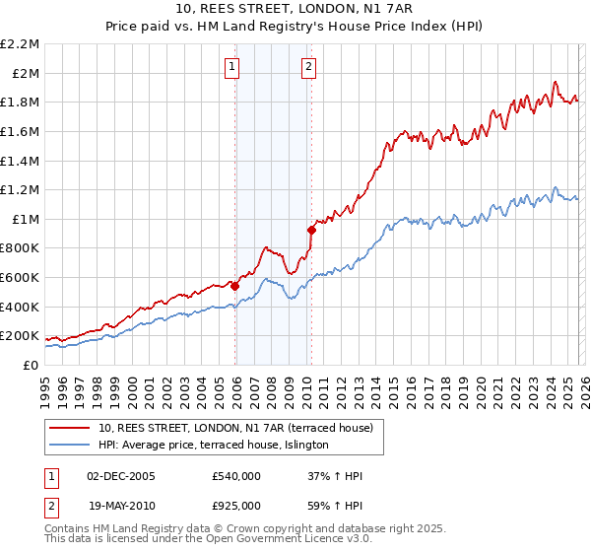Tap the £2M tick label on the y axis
(25, 73)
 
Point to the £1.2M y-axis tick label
(21, 189)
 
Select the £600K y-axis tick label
(21, 277)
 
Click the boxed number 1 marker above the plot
(231, 67)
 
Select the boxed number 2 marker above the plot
(308, 67)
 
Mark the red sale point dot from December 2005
(235, 286)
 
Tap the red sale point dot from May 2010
(312, 230)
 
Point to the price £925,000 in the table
(236, 505)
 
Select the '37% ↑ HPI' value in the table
(335, 476)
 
